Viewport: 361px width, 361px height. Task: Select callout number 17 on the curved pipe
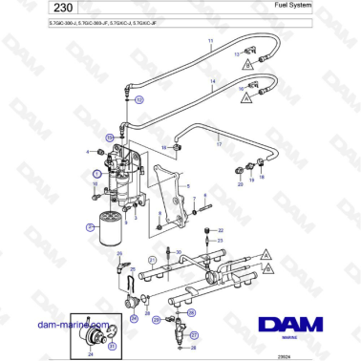[219, 144]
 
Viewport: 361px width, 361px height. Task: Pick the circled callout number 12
[140, 98]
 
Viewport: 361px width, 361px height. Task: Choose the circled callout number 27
[195, 336]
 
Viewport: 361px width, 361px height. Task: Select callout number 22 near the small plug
[221, 230]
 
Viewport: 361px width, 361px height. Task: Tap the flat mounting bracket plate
[171, 196]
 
